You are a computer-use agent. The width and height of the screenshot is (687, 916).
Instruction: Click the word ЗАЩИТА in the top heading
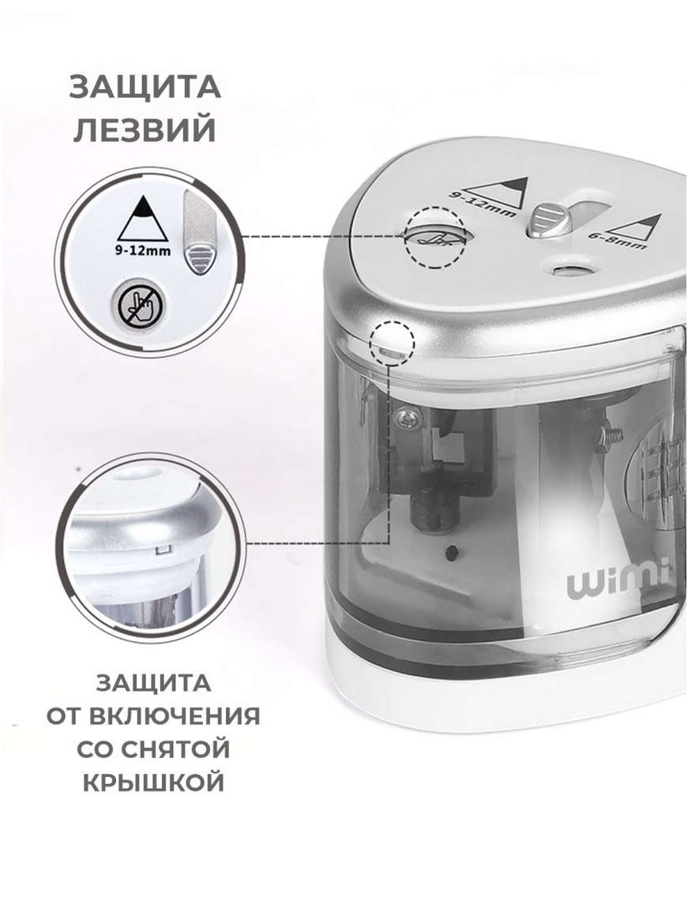coord(145,87)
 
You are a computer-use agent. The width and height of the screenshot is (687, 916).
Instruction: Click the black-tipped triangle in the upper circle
coord(143,219)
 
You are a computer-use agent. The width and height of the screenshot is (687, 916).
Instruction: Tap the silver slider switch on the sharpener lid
coord(550,220)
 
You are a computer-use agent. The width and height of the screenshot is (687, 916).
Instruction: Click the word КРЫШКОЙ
coord(153,783)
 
